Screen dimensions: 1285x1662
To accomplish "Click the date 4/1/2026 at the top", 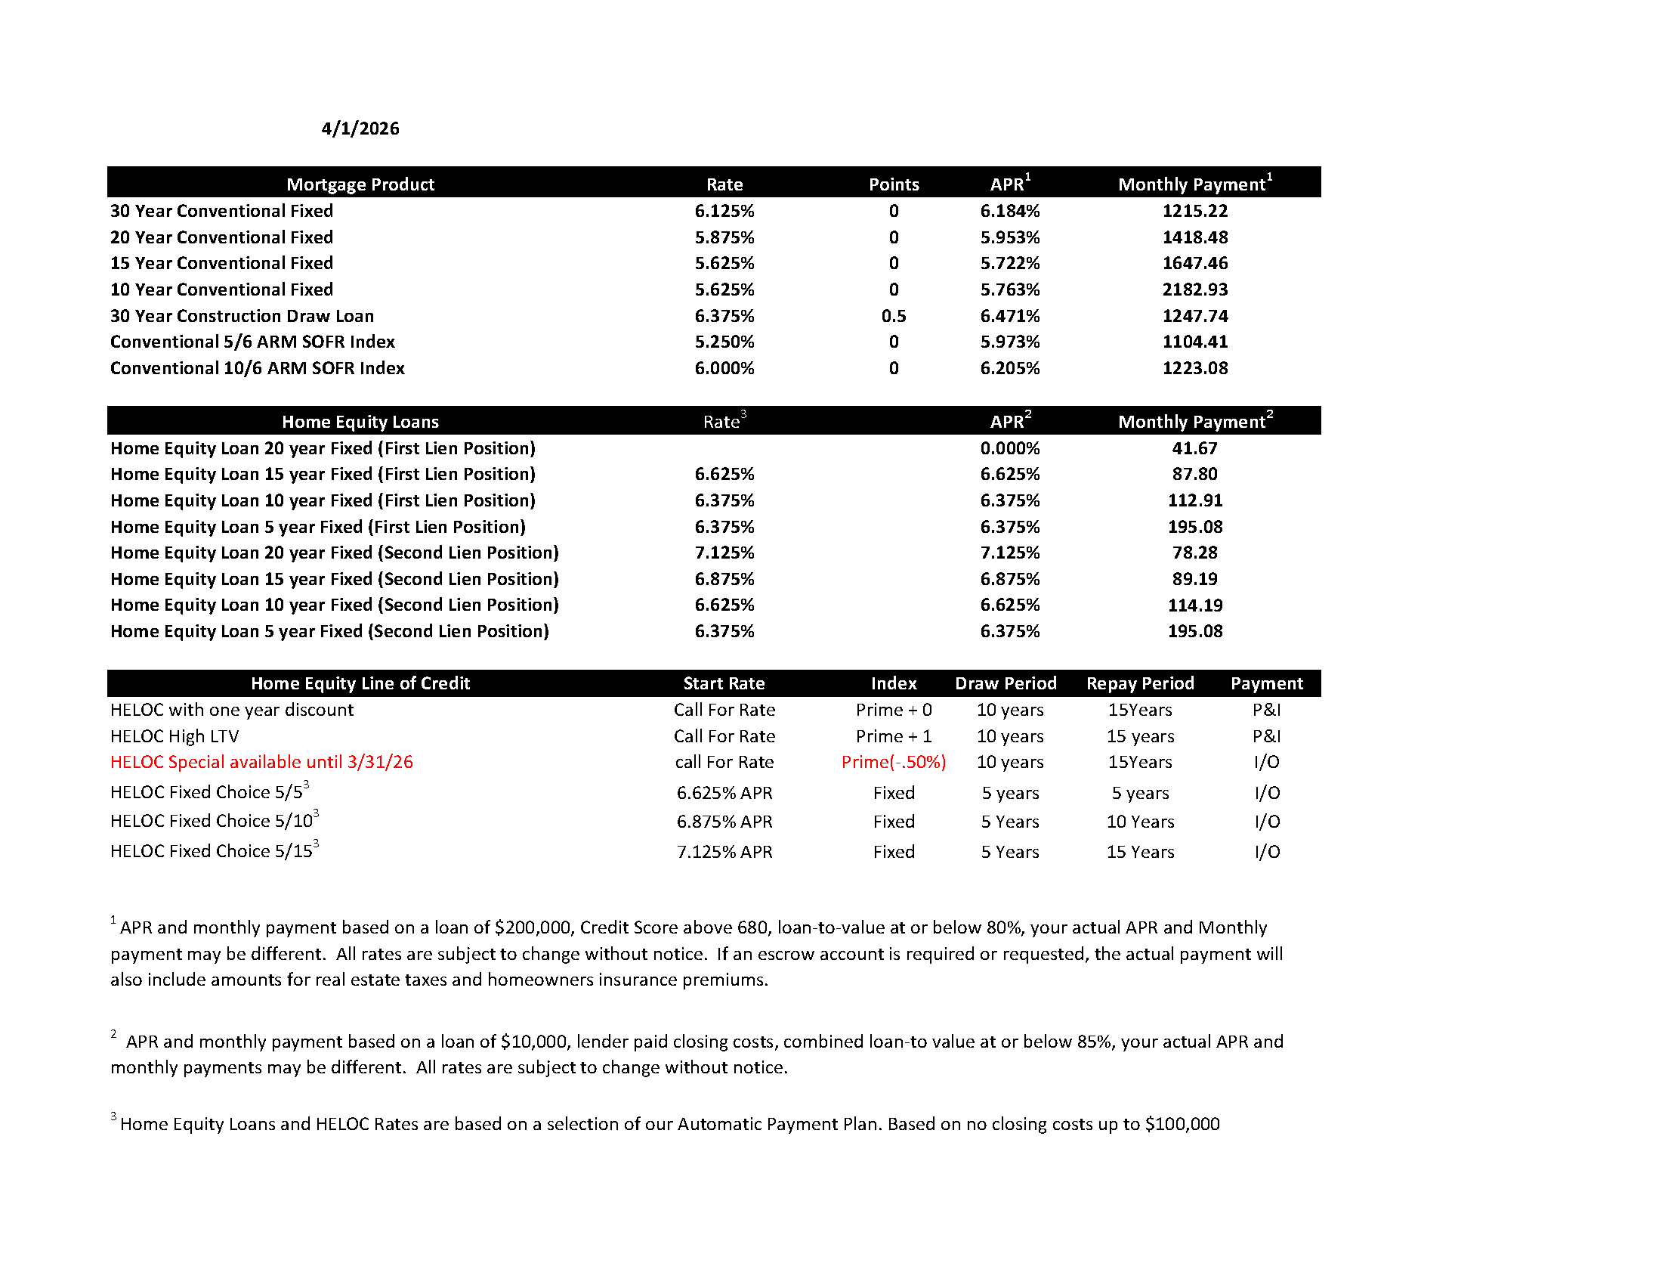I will (360, 128).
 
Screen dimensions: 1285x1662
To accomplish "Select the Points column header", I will (894, 184).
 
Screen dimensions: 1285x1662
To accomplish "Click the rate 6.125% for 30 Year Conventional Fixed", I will (724, 211).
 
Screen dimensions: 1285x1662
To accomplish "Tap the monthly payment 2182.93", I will (1195, 290).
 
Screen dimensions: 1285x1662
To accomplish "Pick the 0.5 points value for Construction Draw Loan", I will (894, 316).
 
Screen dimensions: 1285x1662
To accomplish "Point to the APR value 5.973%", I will (1009, 342).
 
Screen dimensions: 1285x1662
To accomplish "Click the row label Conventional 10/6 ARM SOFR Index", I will (257, 368).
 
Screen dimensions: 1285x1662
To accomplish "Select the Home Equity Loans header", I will (360, 422).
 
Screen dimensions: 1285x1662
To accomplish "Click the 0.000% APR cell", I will (1009, 448).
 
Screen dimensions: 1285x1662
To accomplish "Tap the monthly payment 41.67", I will (1195, 448).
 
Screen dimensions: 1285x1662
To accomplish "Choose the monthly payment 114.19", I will (1195, 605).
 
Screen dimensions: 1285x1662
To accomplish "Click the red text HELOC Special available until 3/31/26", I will (261, 762).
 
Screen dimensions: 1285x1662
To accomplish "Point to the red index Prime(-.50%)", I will (894, 762).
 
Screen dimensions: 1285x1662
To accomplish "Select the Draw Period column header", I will (1006, 683).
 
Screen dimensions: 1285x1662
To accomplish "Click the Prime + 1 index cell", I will (894, 736).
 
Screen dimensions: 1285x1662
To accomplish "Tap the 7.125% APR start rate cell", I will (724, 852).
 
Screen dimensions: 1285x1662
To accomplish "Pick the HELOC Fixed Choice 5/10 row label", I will (212, 822).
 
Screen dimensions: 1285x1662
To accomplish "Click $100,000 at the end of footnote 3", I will (1182, 1125).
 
